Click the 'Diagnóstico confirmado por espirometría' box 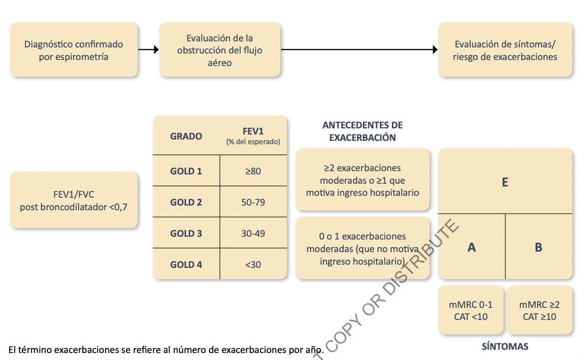74,50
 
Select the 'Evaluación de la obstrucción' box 220,50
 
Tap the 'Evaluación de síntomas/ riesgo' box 505,50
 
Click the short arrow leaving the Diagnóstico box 148,49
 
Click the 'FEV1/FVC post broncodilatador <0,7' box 74,200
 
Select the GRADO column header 186,136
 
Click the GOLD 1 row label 186,171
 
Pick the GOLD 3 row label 186,233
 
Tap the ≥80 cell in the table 253,171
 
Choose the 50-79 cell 253,202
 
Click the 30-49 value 253,233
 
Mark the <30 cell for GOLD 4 253,265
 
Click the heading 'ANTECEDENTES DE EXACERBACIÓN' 363,131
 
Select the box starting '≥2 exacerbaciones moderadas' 363,180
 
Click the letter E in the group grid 505,182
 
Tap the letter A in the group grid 471,247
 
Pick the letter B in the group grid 538,247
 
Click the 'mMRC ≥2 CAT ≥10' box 539,311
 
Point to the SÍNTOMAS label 505,347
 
